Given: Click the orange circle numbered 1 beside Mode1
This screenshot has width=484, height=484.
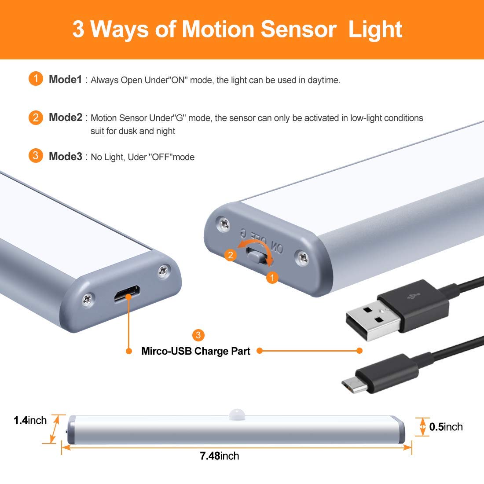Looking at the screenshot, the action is click(36, 79).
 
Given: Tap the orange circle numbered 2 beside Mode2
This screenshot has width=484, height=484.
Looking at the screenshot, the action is click(36, 117).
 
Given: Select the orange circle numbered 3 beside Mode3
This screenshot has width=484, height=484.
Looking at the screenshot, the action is click(36, 156).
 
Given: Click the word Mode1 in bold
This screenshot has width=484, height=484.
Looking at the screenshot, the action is click(65, 79).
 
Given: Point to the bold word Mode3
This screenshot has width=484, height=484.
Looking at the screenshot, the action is click(66, 156).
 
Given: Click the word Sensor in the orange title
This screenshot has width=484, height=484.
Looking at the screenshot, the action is click(298, 29).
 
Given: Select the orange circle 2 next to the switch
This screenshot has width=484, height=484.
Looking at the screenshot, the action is click(230, 255).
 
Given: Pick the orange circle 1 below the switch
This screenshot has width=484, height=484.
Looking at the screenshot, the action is click(272, 278).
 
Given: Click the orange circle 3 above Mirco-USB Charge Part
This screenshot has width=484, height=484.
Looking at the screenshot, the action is click(198, 335).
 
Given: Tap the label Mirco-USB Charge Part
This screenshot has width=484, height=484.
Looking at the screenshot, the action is click(196, 351).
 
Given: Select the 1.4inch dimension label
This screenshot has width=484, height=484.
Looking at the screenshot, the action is click(30, 420).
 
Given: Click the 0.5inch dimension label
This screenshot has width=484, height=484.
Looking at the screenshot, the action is click(446, 427).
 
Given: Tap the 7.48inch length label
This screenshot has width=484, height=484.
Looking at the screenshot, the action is click(220, 456).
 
